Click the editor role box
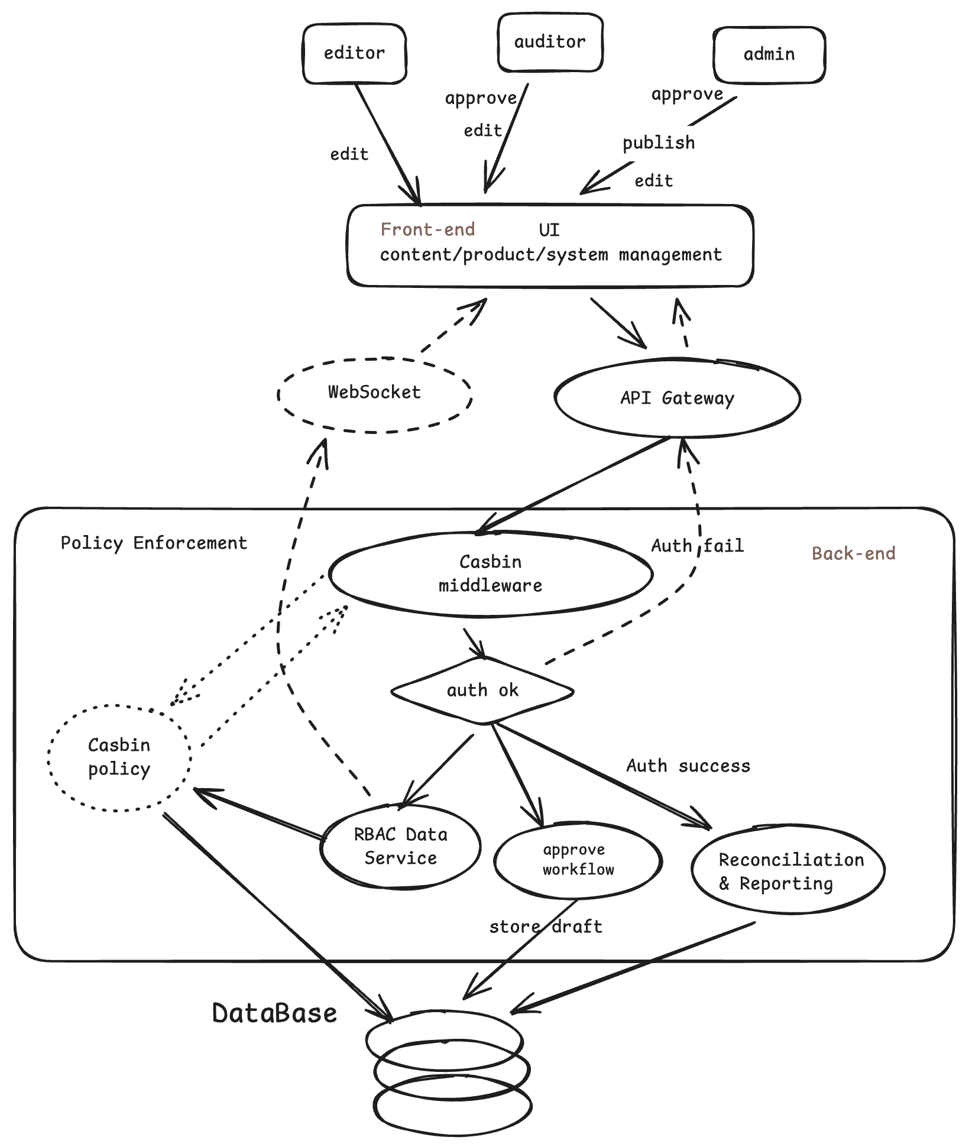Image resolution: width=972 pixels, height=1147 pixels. click(x=354, y=54)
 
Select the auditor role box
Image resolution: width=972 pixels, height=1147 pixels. click(x=550, y=43)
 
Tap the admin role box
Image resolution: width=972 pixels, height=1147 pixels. click(x=769, y=54)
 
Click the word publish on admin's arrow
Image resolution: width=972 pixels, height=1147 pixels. click(x=659, y=142)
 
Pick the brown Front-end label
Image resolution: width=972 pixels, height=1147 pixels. click(x=427, y=229)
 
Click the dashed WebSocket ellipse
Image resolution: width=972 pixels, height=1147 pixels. click(x=374, y=393)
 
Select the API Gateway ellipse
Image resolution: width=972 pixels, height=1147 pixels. click(x=677, y=398)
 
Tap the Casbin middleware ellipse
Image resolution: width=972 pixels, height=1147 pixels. click(x=490, y=573)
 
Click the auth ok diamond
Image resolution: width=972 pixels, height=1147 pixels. click(x=482, y=691)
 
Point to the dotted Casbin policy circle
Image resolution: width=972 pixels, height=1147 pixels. click(x=119, y=757)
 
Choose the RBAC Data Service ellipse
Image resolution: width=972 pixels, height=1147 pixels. click(x=400, y=846)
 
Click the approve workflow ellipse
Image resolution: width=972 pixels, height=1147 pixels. click(x=578, y=860)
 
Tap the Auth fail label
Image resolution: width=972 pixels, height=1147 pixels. click(x=697, y=545)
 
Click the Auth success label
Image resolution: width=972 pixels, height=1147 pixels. click(x=688, y=766)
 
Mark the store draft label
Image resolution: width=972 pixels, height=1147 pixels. click(x=545, y=926)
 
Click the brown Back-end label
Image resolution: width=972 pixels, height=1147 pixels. click(x=853, y=553)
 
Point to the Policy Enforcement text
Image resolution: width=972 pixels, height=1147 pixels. click(x=154, y=543)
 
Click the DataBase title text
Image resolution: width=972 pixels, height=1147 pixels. click(x=274, y=1013)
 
